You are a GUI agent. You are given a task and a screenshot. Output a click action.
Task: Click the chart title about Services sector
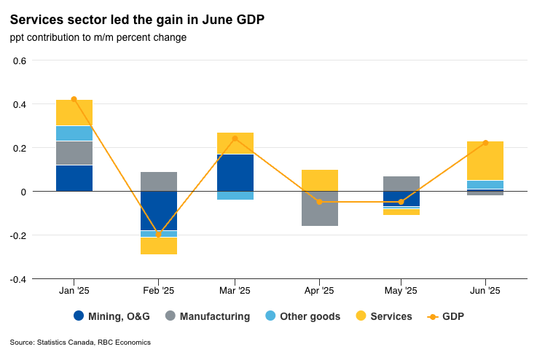tap(137, 20)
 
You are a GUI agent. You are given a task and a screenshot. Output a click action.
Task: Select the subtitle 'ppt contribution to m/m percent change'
tap(98, 37)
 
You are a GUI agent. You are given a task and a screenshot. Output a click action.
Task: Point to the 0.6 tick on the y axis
tap(20, 60)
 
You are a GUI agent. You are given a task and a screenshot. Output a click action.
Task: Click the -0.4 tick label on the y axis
tap(18, 279)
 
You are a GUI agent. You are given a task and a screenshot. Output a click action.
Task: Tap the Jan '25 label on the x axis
tap(74, 290)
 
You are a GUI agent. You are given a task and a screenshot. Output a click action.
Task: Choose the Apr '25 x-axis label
tap(319, 290)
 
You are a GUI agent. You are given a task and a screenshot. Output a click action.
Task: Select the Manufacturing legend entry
tap(208, 316)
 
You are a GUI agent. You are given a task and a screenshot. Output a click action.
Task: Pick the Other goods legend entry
tap(302, 316)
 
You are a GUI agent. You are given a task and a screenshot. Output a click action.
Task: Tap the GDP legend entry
tap(446, 316)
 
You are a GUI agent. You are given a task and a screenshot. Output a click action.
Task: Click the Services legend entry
tap(384, 316)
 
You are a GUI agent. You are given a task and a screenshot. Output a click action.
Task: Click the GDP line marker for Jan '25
tap(74, 99)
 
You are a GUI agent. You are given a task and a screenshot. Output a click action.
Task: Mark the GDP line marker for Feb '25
tap(159, 234)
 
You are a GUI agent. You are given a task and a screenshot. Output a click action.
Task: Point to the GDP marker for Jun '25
tap(485, 143)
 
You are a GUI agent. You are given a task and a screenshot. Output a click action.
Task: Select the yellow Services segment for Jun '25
tap(485, 160)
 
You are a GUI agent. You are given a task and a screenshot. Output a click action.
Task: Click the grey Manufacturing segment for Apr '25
tap(319, 208)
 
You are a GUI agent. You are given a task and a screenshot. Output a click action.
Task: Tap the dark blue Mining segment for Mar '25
tap(235, 172)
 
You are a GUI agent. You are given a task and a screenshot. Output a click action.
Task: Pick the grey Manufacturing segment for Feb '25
tap(159, 181)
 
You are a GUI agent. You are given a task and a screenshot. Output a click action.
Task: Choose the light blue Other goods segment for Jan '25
tap(74, 133)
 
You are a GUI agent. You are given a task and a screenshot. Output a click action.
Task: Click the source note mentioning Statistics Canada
tap(80, 342)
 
